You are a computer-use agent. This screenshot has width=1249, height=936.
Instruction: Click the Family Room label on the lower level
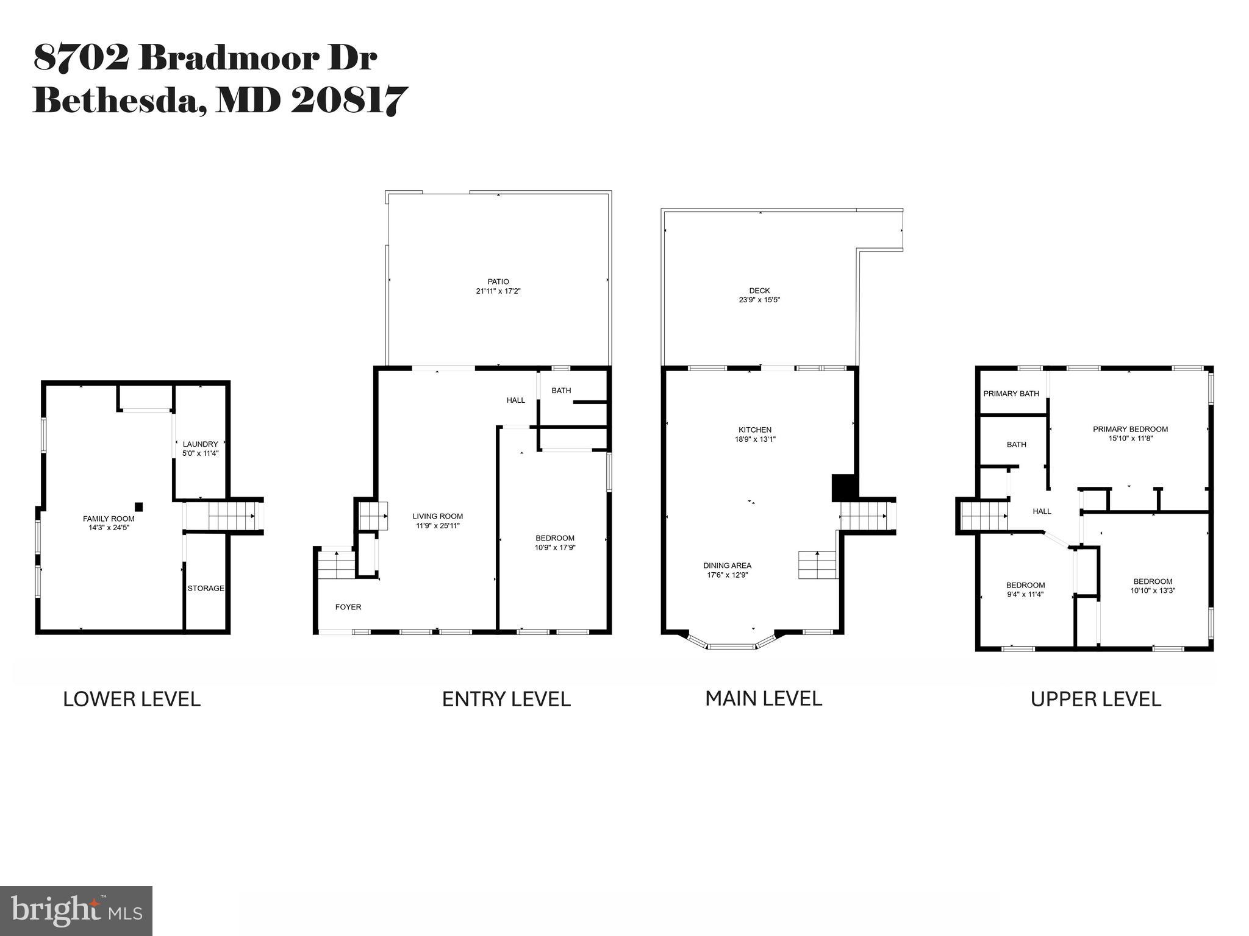click(109, 519)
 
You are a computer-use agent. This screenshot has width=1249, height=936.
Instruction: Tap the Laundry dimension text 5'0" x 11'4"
click(200, 453)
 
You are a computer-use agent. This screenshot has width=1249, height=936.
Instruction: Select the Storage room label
click(206, 588)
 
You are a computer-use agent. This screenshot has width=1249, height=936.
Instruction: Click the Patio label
click(498, 282)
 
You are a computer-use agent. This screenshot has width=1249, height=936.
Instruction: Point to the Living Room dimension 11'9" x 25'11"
click(437, 525)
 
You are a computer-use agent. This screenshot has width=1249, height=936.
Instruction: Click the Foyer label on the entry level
click(348, 607)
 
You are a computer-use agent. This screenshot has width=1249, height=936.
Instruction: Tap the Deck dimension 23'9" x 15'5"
click(759, 300)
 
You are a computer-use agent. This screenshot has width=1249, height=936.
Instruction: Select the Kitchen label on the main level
click(755, 430)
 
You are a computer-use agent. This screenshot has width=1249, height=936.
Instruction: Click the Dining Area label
click(727, 565)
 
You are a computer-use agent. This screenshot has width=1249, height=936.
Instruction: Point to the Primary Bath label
click(1011, 394)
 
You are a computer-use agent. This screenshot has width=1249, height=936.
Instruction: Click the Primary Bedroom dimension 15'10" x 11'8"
click(1130, 438)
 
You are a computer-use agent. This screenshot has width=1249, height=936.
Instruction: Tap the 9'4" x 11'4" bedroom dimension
click(1025, 594)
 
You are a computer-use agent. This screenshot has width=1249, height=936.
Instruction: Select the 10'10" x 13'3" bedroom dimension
click(1153, 590)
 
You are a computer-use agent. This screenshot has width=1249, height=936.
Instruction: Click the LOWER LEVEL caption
click(132, 699)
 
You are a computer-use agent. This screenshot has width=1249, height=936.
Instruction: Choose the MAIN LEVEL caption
click(764, 698)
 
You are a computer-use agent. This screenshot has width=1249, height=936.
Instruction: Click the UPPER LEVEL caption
click(1095, 699)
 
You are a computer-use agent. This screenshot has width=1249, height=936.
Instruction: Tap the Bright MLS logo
click(76, 911)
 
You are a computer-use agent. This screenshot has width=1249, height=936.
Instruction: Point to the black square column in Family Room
click(139, 506)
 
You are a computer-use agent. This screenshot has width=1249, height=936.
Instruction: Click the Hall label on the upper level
click(1042, 511)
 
